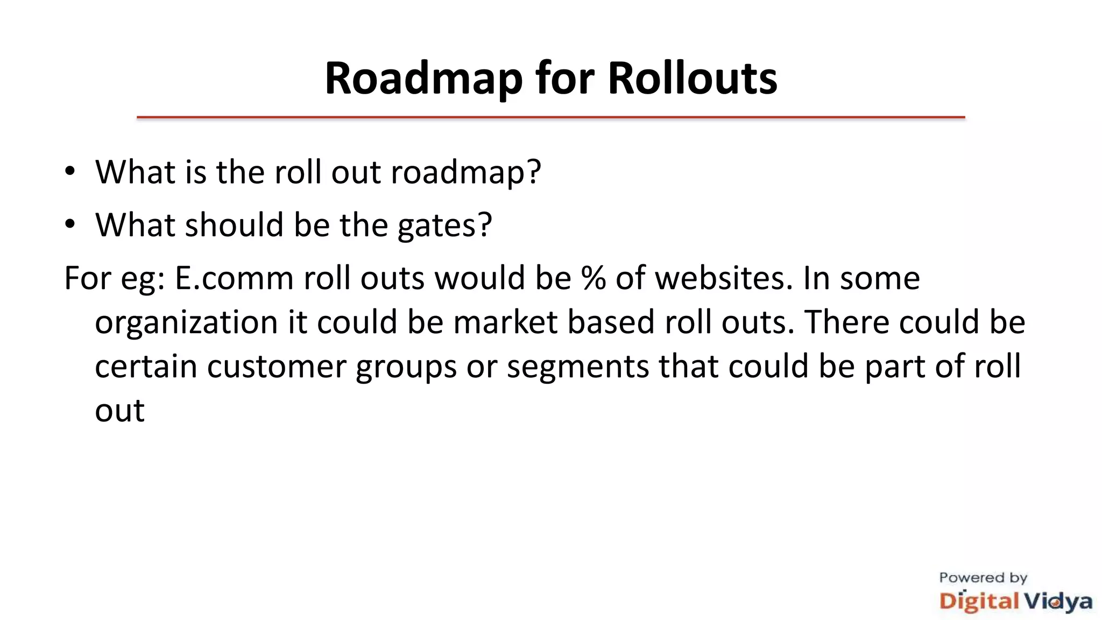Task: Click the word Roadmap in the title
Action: (423, 79)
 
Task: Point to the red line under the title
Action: (550, 117)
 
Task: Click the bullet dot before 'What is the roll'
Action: (70, 172)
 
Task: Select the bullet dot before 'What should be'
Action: (70, 224)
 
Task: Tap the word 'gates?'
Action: (444, 226)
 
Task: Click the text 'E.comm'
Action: (234, 278)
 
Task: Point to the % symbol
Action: (593, 278)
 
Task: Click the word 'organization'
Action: (186, 322)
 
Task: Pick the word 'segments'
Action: (578, 368)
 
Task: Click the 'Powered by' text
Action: (983, 578)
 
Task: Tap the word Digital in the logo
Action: (979, 602)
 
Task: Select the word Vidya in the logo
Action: (1057, 602)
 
